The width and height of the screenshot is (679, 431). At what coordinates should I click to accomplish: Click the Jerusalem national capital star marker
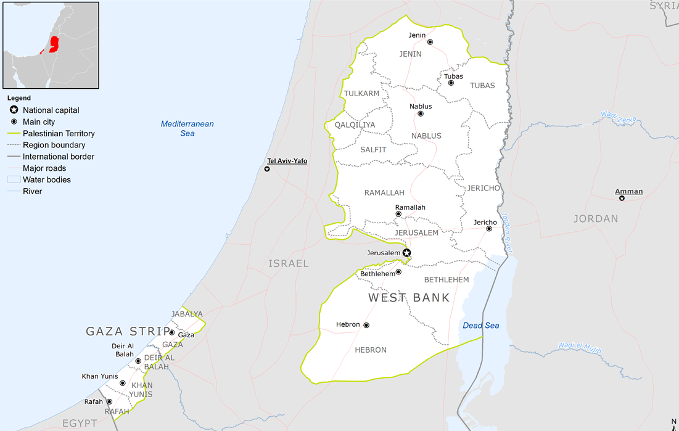[x=406, y=253]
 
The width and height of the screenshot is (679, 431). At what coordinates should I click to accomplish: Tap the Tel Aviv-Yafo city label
[x=287, y=161]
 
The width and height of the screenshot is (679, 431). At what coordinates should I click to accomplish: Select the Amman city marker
[x=622, y=198]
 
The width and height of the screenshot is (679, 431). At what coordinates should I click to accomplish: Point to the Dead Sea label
[x=480, y=326]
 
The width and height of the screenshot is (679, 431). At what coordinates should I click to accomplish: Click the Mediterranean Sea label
[x=187, y=128]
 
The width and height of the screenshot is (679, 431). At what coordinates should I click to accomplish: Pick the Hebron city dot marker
[x=366, y=325]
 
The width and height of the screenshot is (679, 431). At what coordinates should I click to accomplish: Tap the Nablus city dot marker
[x=421, y=114]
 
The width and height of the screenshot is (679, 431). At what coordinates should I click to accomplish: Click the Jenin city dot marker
[x=430, y=42]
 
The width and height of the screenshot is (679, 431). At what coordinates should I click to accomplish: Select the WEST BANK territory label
[x=409, y=298]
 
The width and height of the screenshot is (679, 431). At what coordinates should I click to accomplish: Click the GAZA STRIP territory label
[x=127, y=332]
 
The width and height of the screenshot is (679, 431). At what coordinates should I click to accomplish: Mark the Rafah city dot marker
[x=110, y=401]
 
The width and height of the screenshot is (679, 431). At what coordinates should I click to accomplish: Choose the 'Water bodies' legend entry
[x=47, y=180]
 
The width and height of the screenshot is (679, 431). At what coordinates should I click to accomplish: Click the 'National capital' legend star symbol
[x=14, y=110]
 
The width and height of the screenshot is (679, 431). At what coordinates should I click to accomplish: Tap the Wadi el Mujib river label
[x=580, y=346]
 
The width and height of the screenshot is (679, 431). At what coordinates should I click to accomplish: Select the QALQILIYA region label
[x=355, y=125]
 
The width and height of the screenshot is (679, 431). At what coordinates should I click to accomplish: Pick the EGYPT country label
[x=80, y=423]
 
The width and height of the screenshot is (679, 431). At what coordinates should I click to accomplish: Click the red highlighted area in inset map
[x=54, y=45]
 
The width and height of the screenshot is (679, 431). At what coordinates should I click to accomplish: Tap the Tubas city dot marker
[x=451, y=83]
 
